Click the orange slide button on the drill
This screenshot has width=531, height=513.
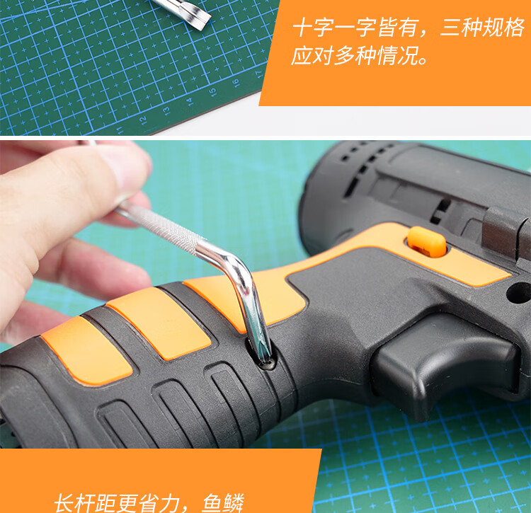(x=426, y=242)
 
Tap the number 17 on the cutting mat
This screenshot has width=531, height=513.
(x=259, y=74)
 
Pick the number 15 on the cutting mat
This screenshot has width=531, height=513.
(x=212, y=92)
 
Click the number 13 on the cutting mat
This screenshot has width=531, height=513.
(x=166, y=110)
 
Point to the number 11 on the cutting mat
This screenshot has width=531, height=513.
(x=119, y=130)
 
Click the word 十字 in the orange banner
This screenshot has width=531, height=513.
(x=312, y=28)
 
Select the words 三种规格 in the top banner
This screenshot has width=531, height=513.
(x=482, y=28)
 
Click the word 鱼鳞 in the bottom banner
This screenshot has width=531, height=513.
(x=223, y=503)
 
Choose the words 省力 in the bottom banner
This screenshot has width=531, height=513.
(x=159, y=504)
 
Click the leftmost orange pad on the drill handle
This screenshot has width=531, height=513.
(x=86, y=350)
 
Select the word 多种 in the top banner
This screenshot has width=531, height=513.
(x=355, y=55)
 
